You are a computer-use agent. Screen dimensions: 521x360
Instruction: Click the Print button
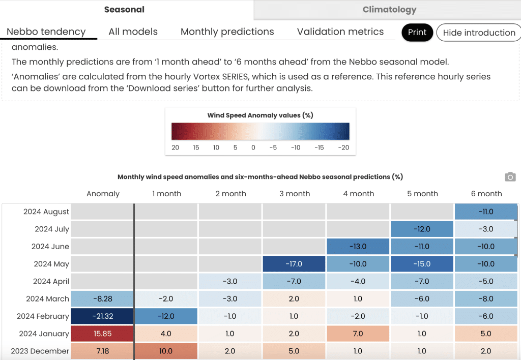[x=417, y=32]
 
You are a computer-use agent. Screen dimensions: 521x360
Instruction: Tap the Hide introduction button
[x=479, y=32]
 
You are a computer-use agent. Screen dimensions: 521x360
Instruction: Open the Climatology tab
[x=389, y=10]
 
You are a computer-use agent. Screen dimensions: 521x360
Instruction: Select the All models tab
[x=133, y=32]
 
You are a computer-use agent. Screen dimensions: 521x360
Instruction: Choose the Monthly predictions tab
[x=227, y=32]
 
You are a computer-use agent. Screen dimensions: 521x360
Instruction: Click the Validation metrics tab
[x=340, y=32]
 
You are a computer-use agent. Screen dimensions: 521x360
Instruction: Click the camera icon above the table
[x=510, y=176]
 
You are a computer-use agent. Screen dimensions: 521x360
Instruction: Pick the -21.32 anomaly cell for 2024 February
[x=102, y=316]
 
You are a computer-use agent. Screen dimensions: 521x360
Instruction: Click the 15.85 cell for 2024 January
[x=102, y=334]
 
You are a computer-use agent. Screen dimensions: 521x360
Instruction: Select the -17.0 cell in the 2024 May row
[x=294, y=264]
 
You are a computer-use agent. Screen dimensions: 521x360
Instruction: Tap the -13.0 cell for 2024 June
[x=358, y=247]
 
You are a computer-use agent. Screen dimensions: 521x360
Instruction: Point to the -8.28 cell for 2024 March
[x=102, y=298]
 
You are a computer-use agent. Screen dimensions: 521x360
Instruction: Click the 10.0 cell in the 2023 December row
[x=166, y=351]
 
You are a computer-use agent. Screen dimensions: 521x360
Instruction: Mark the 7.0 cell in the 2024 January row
[x=358, y=334]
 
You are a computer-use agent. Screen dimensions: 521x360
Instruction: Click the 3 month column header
[x=295, y=194]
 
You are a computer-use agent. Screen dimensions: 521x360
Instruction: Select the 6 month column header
[x=486, y=194]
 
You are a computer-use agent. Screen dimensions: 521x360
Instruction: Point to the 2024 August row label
[x=46, y=212]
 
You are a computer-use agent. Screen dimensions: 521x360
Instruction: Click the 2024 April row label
[x=51, y=281]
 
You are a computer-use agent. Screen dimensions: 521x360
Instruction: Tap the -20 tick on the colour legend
[x=343, y=147]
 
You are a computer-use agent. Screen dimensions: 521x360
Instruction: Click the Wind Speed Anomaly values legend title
[x=260, y=115]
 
